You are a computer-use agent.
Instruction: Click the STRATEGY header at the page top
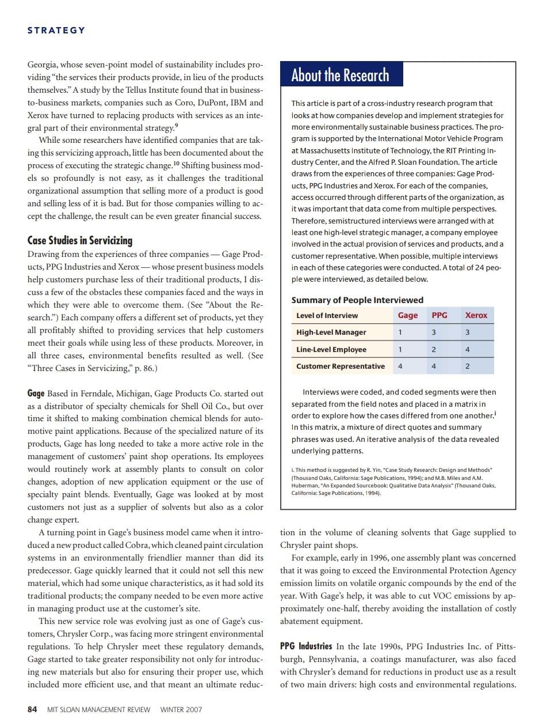tap(56, 31)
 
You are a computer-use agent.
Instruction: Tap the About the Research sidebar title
tap(340, 75)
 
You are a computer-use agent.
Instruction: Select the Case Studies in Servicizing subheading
tap(80, 240)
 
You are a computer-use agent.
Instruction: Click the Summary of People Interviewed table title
tap(357, 300)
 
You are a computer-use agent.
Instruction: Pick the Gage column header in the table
tap(408, 315)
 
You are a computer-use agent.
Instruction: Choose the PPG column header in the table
tap(439, 315)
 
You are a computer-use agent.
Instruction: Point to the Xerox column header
tap(476, 315)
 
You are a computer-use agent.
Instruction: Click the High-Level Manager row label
tap(331, 332)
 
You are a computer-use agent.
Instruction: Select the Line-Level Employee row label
tap(331, 350)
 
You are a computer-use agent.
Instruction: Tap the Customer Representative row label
tap(340, 366)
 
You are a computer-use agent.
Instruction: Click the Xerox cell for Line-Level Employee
tap(467, 350)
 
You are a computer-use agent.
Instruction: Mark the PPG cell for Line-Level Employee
tap(434, 350)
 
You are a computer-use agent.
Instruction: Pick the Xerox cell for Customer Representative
tap(467, 366)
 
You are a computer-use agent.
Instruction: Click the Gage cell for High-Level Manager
tap(400, 332)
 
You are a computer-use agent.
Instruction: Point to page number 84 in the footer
tap(33, 709)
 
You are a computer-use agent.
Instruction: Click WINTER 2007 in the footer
tap(181, 709)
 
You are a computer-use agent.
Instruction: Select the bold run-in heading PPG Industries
tap(305, 646)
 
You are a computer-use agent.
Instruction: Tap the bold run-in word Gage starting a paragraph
tap(36, 393)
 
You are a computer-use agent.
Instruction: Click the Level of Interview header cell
tap(327, 315)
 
